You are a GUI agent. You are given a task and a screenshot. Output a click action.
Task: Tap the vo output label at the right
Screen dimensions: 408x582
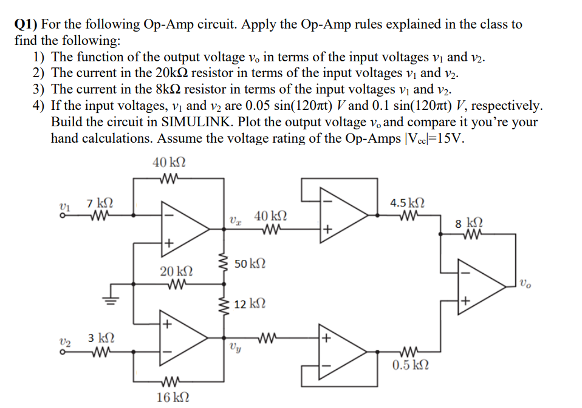click(525, 282)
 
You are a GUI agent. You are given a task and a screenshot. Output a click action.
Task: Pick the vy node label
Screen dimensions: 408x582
click(233, 348)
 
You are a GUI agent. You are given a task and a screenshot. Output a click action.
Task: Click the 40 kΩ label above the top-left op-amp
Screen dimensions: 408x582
click(169, 163)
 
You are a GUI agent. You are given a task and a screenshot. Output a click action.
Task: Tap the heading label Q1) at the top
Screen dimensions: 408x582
click(26, 25)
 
